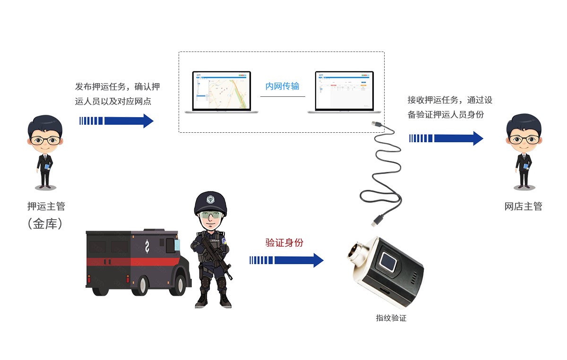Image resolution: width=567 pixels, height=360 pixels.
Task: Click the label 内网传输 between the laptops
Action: point(282,86)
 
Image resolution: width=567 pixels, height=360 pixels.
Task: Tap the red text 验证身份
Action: point(284,243)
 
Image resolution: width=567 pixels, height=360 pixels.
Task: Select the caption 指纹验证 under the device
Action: point(391,318)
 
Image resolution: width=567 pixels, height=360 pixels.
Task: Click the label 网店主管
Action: point(523,206)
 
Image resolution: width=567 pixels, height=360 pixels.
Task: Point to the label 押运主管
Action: point(46,206)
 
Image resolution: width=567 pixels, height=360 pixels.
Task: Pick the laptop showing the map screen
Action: point(221,92)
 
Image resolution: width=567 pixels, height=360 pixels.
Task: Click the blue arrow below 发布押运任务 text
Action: point(116,120)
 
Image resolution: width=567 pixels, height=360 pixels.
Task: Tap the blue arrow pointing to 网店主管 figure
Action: point(446,138)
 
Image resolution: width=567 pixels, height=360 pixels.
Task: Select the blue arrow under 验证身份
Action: point(286,260)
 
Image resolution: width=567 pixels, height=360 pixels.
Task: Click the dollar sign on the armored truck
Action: point(147,246)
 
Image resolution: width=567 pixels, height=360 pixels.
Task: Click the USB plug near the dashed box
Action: point(377,124)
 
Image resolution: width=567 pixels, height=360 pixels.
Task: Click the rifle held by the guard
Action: point(215,255)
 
